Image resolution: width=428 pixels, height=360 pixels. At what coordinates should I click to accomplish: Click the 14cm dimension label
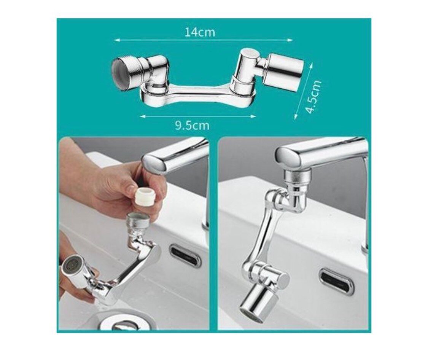tap(200, 32)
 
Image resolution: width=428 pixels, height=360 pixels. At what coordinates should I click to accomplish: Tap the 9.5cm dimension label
tap(192, 126)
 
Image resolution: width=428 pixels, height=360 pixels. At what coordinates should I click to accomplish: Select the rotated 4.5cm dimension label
tap(314, 97)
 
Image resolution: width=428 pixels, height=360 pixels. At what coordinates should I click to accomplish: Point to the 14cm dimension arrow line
tap(204, 40)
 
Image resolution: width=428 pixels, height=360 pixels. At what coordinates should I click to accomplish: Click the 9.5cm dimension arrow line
tap(198, 116)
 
